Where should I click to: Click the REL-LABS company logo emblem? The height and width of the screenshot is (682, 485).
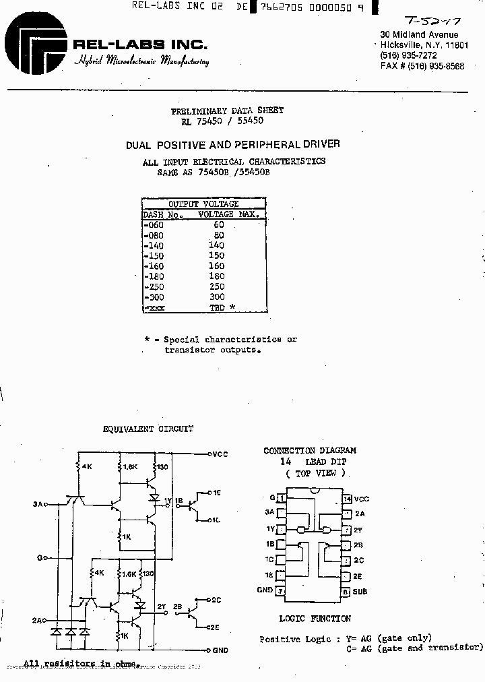tap(35, 43)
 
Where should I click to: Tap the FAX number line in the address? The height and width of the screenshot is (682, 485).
tap(422, 66)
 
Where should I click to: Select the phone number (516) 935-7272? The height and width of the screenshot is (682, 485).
tap(408, 55)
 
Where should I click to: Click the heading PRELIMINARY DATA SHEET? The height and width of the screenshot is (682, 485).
tap(227, 110)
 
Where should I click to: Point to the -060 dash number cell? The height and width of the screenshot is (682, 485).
tap(154, 225)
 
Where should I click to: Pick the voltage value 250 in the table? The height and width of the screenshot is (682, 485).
tap(216, 287)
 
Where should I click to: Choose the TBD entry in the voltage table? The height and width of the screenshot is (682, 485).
tap(217, 308)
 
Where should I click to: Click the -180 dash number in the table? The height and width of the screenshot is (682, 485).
tap(154, 277)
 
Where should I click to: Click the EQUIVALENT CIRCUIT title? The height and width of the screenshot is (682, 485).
tap(148, 429)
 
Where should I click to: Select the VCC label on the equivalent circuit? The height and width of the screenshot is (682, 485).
tap(220, 454)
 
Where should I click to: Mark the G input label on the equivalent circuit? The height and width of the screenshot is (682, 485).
tap(40, 558)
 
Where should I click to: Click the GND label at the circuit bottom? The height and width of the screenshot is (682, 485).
tap(220, 651)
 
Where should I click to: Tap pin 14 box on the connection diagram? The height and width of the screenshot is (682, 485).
tap(346, 499)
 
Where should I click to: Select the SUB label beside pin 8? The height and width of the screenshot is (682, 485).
tap(360, 592)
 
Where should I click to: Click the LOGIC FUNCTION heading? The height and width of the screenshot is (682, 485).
tap(315, 619)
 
